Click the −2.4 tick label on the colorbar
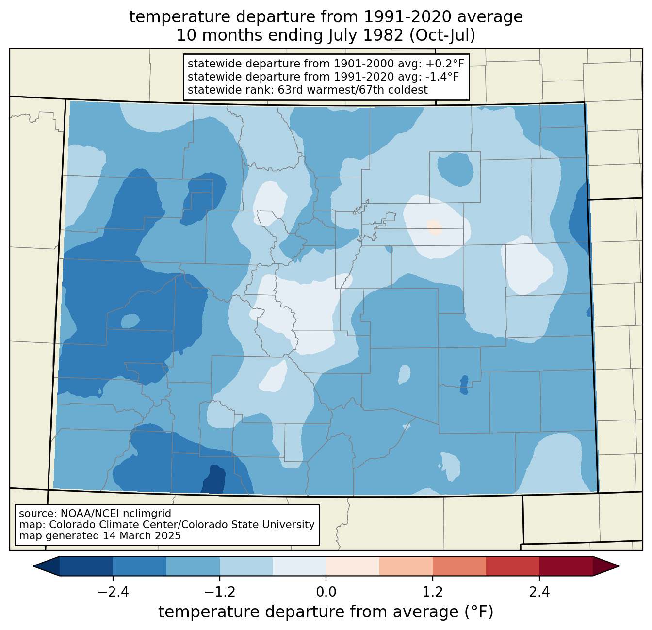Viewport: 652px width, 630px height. pos(113,592)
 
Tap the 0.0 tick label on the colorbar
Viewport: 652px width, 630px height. pos(326,592)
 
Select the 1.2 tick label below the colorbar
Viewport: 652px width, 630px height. pos(433,592)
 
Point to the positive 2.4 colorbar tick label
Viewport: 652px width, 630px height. pos(539,592)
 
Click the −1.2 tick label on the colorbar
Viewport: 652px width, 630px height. pos(219,592)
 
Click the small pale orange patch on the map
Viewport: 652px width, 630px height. pos(434,227)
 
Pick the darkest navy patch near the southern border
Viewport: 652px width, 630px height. pos(213,480)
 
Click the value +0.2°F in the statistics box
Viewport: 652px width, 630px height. pos(445,64)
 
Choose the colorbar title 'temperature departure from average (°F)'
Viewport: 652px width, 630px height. pos(326,612)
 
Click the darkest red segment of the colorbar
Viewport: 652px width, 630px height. pos(566,566)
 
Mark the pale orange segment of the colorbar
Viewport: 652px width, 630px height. pos(353,566)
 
